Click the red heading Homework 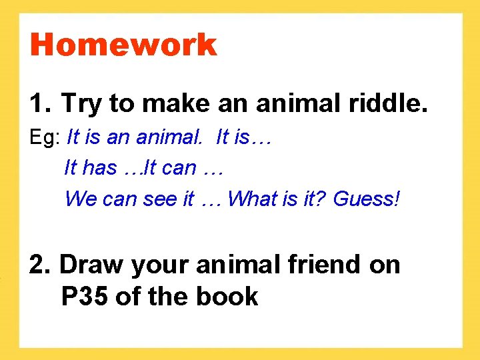point(123,45)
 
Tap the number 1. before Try point(39,103)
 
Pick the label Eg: point(46,137)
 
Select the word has point(99,168)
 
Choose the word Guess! point(367,199)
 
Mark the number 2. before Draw point(39,265)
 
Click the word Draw point(91,265)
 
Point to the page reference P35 point(85,296)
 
